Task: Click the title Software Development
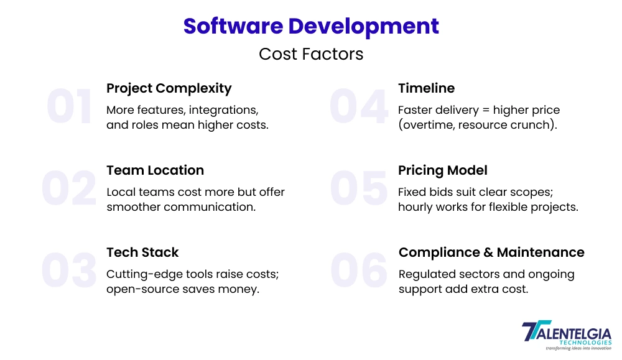[311, 27]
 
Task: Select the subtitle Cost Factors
[311, 54]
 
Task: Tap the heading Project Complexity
[169, 88]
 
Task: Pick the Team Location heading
[155, 170]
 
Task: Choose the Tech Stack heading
[142, 252]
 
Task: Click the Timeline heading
[427, 88]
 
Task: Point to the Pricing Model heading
[443, 170]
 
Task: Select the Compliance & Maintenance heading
[491, 252]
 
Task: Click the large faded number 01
[70, 106]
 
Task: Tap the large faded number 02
[69, 188]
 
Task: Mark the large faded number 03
[69, 270]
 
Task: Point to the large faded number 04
[358, 106]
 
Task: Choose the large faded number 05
[358, 188]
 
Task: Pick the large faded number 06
[359, 270]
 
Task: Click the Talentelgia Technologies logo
[567, 335]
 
